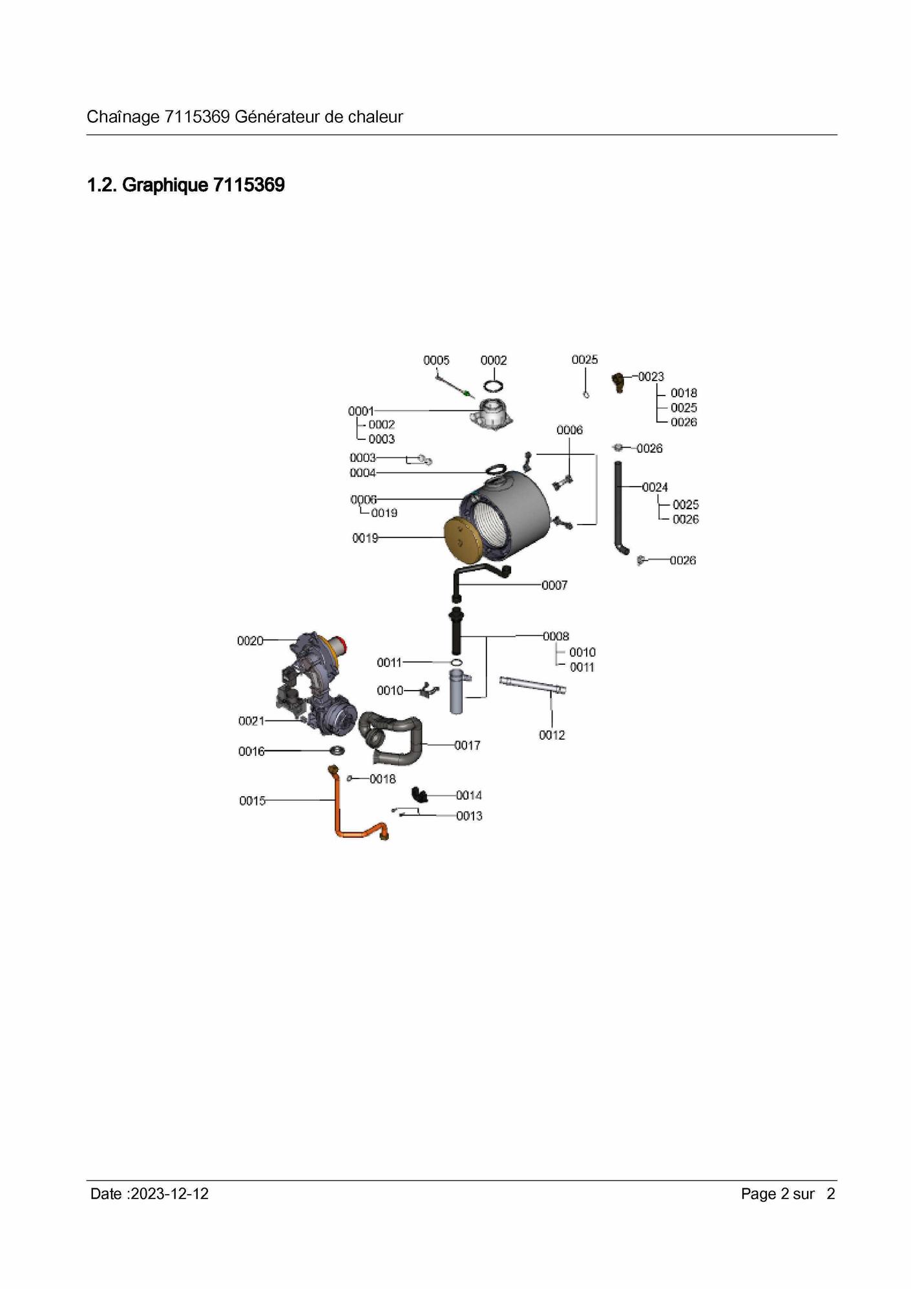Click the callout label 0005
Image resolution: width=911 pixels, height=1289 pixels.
click(x=436, y=361)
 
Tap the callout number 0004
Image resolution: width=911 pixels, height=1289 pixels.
click(x=362, y=473)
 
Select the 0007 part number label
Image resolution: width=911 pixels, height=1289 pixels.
click(x=554, y=585)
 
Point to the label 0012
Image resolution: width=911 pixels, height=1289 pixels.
click(x=552, y=735)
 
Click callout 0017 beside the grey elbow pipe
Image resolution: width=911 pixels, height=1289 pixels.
click(x=467, y=746)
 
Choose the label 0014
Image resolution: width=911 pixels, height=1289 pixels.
click(x=469, y=795)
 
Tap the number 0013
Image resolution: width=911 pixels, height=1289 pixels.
click(x=470, y=816)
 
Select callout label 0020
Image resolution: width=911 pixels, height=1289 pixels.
click(x=250, y=641)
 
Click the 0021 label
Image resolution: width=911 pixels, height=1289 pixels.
click(x=251, y=721)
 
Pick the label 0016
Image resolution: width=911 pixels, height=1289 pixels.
click(x=251, y=751)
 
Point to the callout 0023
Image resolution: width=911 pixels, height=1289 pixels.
click(x=651, y=377)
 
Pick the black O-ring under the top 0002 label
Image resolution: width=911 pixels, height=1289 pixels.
click(x=494, y=386)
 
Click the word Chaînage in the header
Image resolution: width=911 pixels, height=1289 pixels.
click(x=123, y=117)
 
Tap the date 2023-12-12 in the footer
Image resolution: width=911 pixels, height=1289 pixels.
click(x=169, y=1194)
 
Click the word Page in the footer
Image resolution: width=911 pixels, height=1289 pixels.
click(x=759, y=1194)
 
